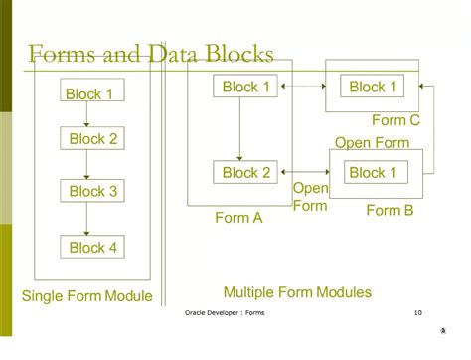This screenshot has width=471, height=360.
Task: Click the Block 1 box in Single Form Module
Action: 89,94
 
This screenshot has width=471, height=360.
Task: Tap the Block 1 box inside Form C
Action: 373,87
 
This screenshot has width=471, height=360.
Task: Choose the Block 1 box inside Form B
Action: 373,173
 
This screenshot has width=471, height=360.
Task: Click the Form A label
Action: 238,219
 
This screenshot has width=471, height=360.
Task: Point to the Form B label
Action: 389,210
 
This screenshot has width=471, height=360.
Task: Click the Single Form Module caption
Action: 86,296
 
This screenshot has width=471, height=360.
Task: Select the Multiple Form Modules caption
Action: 297,292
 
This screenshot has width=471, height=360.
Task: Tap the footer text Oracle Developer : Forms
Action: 225,313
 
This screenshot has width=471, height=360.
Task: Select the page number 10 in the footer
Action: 417,313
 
